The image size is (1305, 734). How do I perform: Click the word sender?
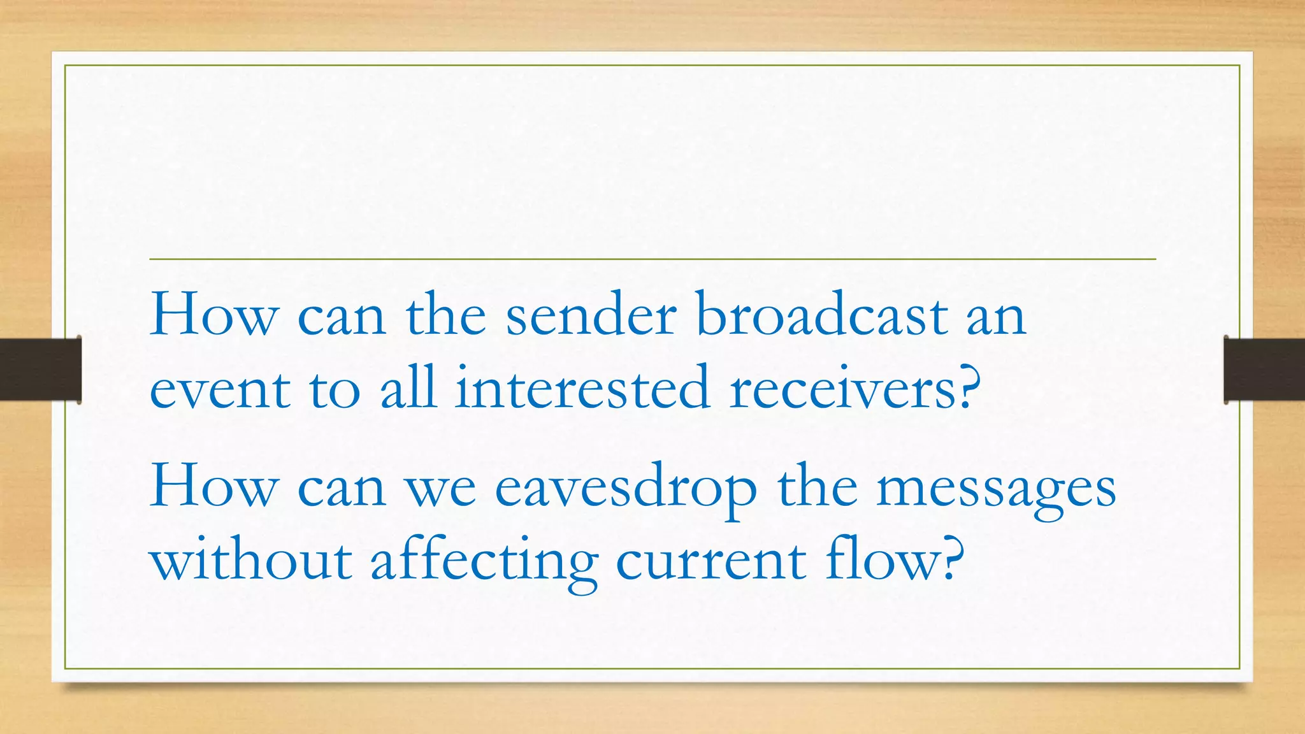591,317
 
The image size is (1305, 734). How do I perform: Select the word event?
220,390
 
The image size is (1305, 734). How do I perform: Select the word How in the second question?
214,488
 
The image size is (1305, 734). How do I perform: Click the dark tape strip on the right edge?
1264,370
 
